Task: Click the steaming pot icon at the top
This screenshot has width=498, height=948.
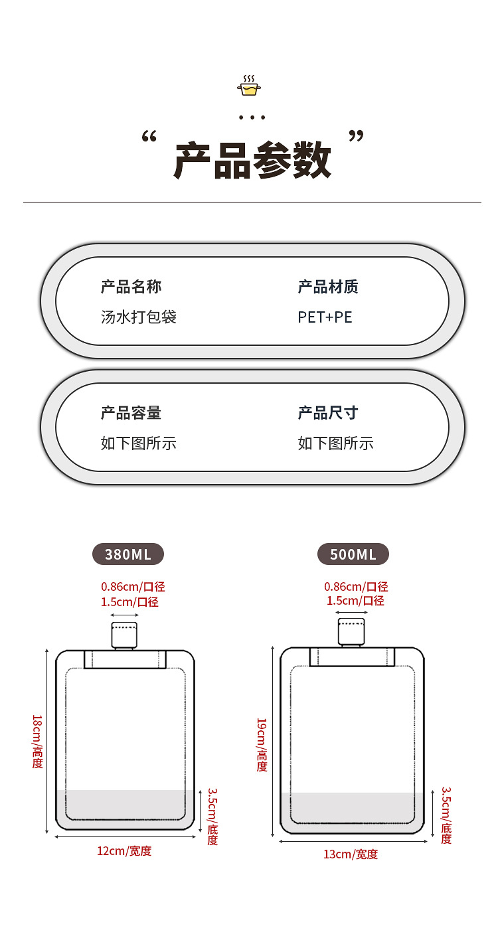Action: tap(249, 85)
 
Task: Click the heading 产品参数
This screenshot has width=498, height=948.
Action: tap(252, 161)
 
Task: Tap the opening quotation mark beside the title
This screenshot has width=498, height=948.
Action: tap(149, 136)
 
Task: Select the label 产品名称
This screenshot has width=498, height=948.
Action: tap(131, 287)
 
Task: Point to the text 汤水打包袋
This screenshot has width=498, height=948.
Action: tap(139, 317)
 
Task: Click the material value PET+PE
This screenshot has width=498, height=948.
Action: tap(325, 317)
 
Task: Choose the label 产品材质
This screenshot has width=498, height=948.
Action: tap(328, 287)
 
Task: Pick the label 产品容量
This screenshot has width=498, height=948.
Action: tap(131, 413)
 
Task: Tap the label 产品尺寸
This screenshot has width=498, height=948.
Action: tap(328, 413)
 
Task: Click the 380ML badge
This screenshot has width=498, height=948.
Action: tap(128, 554)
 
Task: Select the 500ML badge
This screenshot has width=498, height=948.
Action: tap(353, 554)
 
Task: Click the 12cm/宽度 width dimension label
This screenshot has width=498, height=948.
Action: tap(124, 851)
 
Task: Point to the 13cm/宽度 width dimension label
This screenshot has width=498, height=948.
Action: tap(351, 854)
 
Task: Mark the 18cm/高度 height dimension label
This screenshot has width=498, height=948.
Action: tap(38, 742)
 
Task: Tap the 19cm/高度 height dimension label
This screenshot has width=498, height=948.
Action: tap(262, 745)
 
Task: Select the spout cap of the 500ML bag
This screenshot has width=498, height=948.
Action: tap(351, 632)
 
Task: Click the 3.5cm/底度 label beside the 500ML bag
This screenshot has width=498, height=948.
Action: tap(446, 815)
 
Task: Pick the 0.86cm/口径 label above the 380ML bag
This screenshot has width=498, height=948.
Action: tap(133, 587)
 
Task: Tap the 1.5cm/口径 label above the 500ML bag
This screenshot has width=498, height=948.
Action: tap(355, 601)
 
